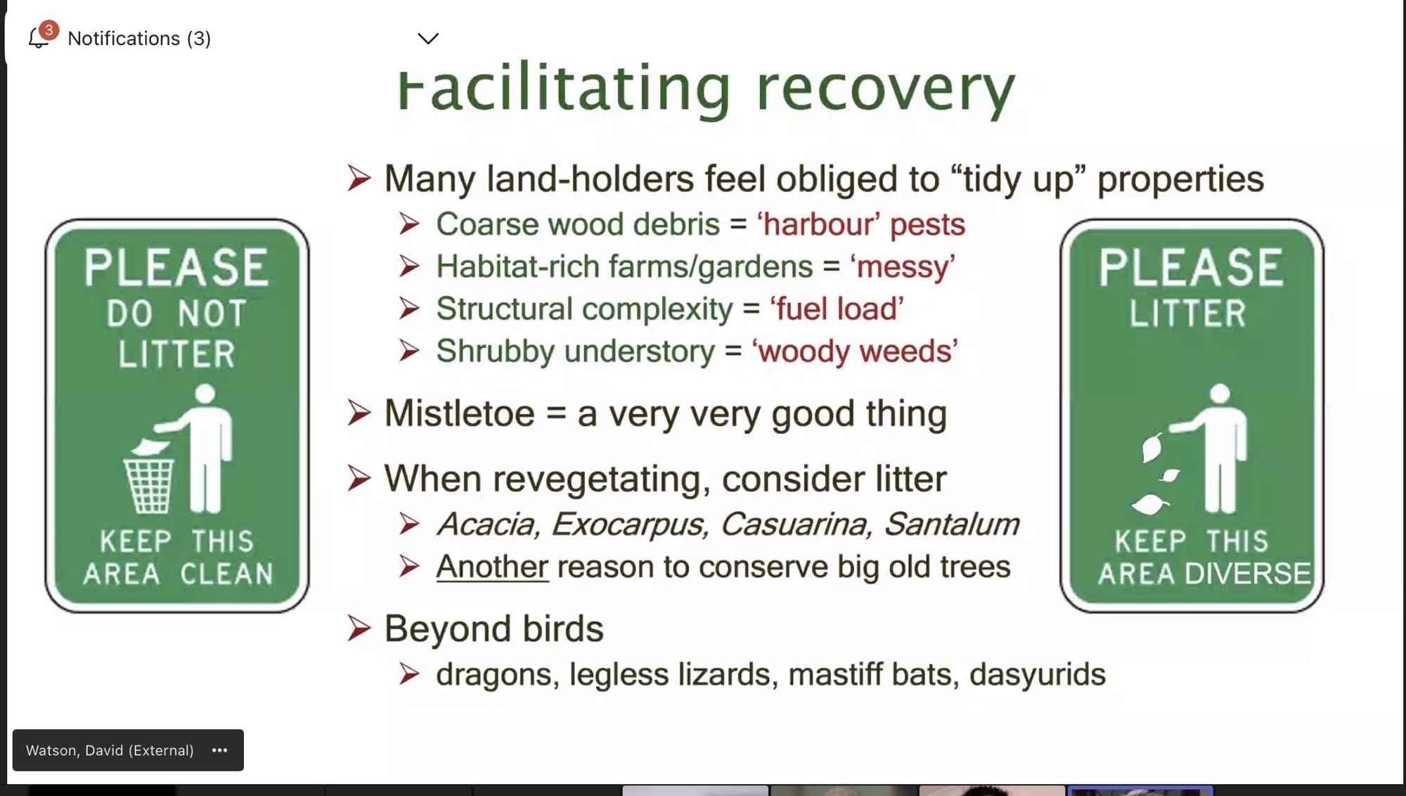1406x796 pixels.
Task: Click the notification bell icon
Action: point(39,38)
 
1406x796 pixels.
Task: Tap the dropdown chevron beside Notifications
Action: point(428,39)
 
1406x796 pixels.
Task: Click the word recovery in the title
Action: point(886,89)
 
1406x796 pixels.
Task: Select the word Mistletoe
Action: point(459,413)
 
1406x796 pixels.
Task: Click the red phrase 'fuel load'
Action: point(837,309)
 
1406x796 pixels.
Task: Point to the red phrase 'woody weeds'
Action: point(855,350)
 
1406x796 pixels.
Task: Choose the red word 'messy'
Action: point(903,267)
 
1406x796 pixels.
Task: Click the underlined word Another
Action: point(492,567)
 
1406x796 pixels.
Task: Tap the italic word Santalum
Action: point(951,524)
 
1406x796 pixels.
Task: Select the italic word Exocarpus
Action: point(630,525)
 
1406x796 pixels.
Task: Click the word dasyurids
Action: point(1038,674)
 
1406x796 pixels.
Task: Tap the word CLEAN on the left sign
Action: point(227,574)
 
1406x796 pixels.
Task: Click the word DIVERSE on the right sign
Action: point(1248,574)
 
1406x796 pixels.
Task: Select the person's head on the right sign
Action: point(1220,394)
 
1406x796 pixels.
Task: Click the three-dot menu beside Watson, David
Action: point(219,750)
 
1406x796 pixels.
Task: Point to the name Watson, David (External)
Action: point(110,750)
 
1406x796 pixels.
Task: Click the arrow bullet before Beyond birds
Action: point(359,628)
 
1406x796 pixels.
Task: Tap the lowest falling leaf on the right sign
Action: point(1150,503)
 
